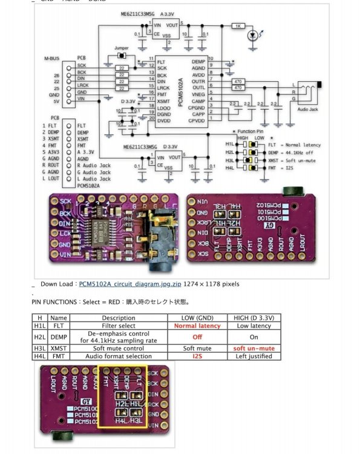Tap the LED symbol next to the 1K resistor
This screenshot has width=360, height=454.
point(254,36)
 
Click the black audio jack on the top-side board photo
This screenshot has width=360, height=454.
point(162,236)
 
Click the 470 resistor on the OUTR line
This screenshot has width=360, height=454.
point(238,81)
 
